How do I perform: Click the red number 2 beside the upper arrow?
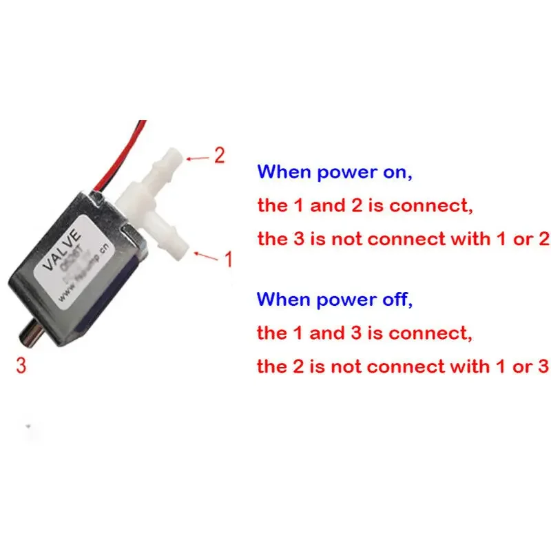[x=219, y=156]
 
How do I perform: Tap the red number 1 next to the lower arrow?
[x=228, y=259]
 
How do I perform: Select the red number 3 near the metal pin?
[x=21, y=365]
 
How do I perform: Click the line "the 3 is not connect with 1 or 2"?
[x=403, y=239]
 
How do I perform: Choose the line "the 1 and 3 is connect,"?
[x=365, y=333]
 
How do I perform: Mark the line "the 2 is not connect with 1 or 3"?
[x=403, y=366]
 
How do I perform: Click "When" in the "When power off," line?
[x=284, y=300]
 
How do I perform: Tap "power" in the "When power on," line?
[x=346, y=173]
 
